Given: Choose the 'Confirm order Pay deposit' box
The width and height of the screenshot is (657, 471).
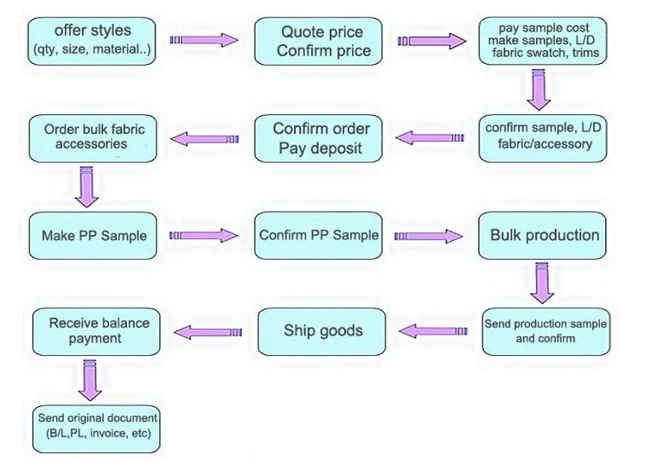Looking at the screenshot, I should pyautogui.click(x=321, y=138).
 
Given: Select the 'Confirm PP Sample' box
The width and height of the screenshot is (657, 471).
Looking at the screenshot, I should pyautogui.click(x=319, y=235).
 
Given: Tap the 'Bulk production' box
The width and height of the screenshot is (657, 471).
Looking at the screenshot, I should pyautogui.click(x=544, y=235).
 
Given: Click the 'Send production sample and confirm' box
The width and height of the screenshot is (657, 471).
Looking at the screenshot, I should pyautogui.click(x=545, y=331).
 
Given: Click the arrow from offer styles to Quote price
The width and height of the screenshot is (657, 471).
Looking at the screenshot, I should pyautogui.click(x=203, y=40).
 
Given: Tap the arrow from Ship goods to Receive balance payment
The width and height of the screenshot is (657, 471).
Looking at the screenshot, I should pyautogui.click(x=208, y=331).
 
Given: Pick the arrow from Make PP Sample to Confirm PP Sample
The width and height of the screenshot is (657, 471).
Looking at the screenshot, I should pyautogui.click(x=203, y=235).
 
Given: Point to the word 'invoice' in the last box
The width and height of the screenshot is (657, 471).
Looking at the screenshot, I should pyautogui.click(x=112, y=433).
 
